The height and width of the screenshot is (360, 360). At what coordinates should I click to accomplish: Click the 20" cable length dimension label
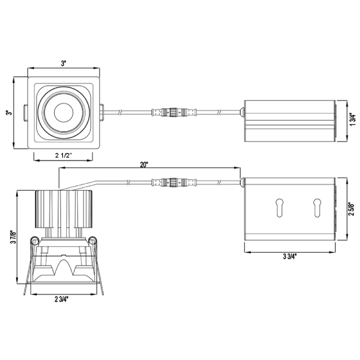[x=144, y=165]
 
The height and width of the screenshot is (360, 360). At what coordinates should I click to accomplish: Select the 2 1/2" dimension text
[x=64, y=155]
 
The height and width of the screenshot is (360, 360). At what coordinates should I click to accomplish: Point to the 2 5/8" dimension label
[x=354, y=210]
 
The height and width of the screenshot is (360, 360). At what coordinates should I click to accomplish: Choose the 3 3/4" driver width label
[x=290, y=256]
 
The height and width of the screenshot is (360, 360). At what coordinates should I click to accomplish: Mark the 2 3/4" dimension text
[x=62, y=299]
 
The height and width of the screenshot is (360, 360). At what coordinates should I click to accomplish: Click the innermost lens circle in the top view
[x=63, y=112]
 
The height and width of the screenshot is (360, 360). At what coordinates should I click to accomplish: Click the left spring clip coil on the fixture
[x=34, y=242]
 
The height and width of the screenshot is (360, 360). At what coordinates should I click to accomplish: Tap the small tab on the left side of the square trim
[x=25, y=112]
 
